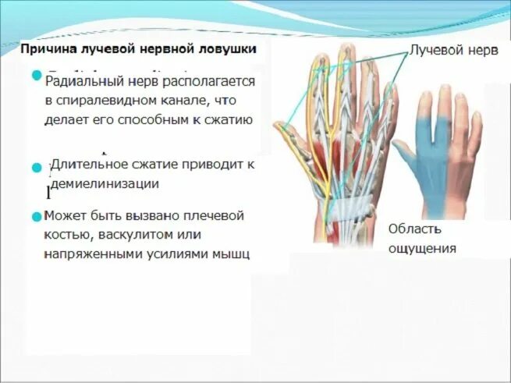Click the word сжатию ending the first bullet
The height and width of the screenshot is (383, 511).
click(x=229, y=119)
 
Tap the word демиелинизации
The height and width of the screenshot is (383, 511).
click(x=105, y=184)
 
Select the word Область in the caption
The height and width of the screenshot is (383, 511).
click(x=415, y=229)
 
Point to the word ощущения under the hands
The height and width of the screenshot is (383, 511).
click(x=421, y=249)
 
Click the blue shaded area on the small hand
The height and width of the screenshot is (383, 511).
click(x=425, y=164)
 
